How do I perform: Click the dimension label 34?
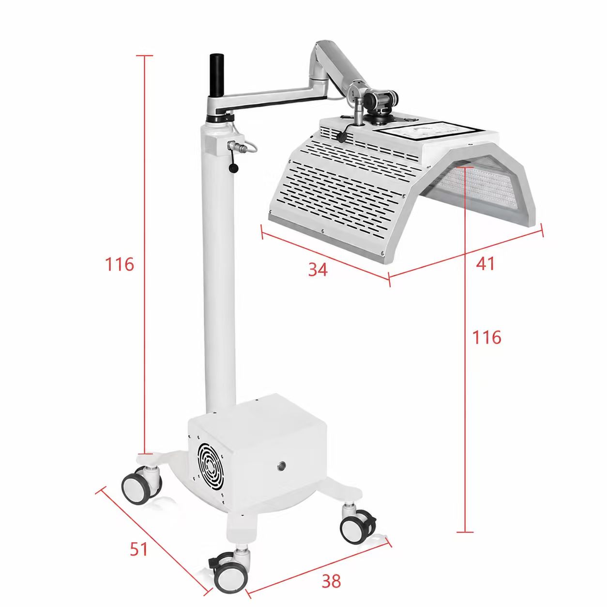tap(318, 269)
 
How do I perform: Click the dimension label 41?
tap(485, 263)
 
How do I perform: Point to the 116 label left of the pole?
tap(119, 264)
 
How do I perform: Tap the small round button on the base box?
tap(280, 465)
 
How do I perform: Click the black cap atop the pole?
tap(217, 76)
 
